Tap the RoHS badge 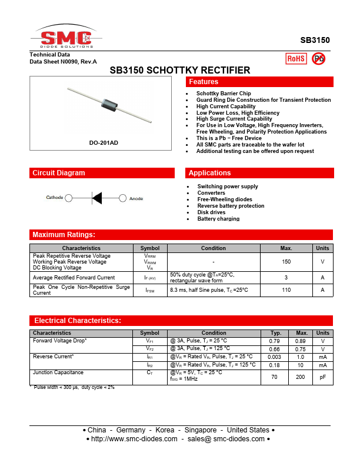tap(295, 58)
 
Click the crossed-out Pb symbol tap(318, 58)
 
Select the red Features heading tap(204, 82)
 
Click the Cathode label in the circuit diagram tap(55, 198)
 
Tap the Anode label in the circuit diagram tap(136, 198)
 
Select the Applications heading tap(209, 173)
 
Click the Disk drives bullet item tap(211, 212)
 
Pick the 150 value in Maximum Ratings tap(286, 261)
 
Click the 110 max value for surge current tap(286, 290)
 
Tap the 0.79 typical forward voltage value tap(275, 341)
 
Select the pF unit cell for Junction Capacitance tap(322, 377)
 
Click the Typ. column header tap(275, 333)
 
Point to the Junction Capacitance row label tap(58, 372)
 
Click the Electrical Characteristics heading tap(78, 321)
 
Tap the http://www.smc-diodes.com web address tap(135, 439)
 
